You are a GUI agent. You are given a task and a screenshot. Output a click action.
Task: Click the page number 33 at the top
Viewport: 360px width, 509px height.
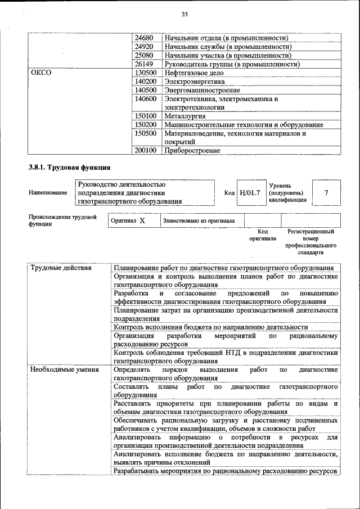pos(184,14)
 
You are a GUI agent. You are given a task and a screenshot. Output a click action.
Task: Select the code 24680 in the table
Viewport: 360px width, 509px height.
pos(145,38)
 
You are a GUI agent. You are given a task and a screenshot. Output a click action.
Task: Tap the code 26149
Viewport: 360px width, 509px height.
pos(145,64)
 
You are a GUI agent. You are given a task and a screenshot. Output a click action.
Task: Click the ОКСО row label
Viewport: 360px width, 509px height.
pos(40,73)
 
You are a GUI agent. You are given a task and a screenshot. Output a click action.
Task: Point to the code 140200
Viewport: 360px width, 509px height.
pos(146,82)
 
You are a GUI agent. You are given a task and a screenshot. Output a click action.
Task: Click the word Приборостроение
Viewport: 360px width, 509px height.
pos(192,151)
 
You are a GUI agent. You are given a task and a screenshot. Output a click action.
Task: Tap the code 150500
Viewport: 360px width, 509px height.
pos(146,133)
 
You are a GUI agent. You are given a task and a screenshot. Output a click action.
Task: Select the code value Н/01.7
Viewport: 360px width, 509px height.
pos(250,193)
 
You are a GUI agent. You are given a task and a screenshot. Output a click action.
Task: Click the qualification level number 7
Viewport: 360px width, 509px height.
pos(326,193)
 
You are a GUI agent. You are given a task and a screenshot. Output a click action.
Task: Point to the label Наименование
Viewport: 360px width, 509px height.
pos(48,192)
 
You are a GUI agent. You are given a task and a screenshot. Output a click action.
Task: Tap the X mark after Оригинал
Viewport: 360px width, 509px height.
pos(142,221)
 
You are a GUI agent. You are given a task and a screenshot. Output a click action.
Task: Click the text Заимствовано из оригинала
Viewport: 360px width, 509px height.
pos(199,221)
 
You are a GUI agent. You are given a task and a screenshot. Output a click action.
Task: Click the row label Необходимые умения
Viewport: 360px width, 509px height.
pos(64,370)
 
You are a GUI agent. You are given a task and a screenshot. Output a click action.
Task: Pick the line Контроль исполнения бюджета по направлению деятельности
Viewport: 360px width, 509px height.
pos(210,327)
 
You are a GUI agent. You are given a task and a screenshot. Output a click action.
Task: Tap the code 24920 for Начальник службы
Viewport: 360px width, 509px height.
pos(145,47)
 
